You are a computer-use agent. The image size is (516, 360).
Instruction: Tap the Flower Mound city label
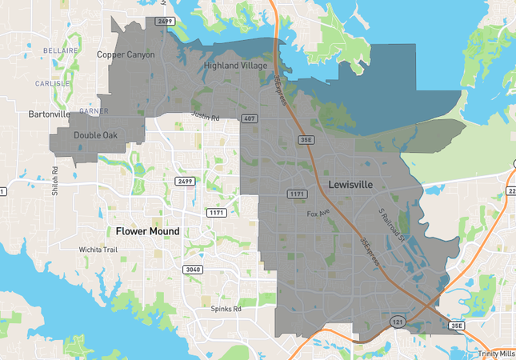coord(147,231)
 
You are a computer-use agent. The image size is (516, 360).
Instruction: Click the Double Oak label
coord(95,135)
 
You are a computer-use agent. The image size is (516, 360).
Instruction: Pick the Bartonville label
coord(50,114)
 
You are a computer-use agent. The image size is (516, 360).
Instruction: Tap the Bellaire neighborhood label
coord(60,50)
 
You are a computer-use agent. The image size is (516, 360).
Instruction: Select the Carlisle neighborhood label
coord(53,83)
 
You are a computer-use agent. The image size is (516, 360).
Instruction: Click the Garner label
coord(94,111)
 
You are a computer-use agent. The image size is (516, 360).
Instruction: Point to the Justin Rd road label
coord(205,116)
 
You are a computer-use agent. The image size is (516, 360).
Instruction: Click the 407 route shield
coord(250,118)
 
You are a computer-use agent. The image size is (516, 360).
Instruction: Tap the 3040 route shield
coord(192,270)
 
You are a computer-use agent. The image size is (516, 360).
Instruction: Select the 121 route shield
coord(397,321)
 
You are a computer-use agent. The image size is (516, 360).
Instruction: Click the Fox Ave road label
coord(318,214)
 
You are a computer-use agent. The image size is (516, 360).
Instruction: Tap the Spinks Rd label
coord(226,308)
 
